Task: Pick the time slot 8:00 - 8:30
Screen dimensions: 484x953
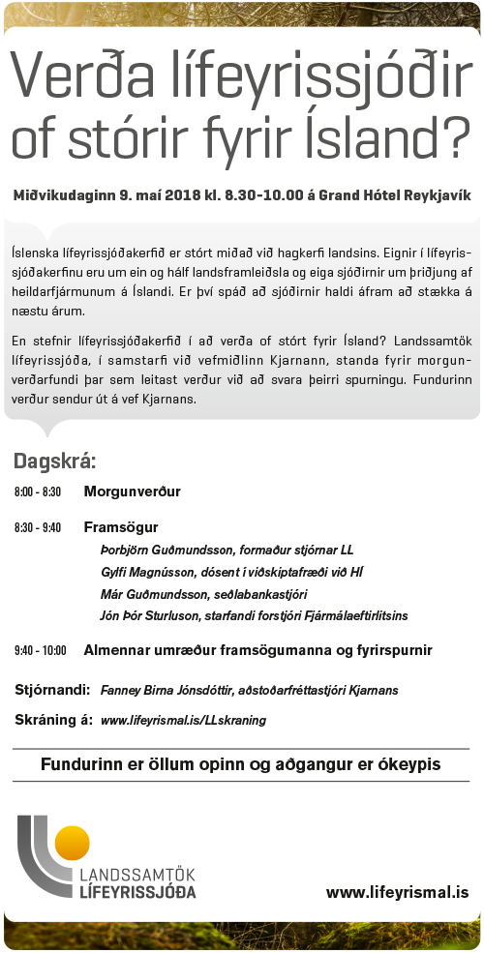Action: [x=38, y=492]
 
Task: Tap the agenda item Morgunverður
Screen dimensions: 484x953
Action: [x=132, y=491]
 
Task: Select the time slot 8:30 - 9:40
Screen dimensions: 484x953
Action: [x=38, y=528]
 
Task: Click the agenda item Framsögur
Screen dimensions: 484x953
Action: [x=121, y=527]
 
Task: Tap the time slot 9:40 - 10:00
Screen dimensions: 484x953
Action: [x=41, y=650]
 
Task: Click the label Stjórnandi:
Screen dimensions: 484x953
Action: [x=52, y=690]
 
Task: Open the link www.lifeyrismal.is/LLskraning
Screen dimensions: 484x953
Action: [x=183, y=721]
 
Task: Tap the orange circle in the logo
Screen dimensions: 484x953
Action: [x=73, y=844]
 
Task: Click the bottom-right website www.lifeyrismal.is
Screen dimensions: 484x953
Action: [x=397, y=892]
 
